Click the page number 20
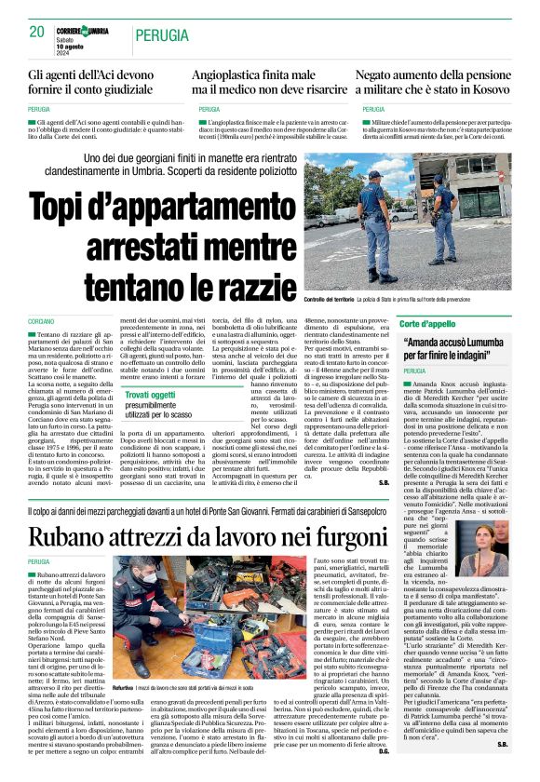tap(37, 32)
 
